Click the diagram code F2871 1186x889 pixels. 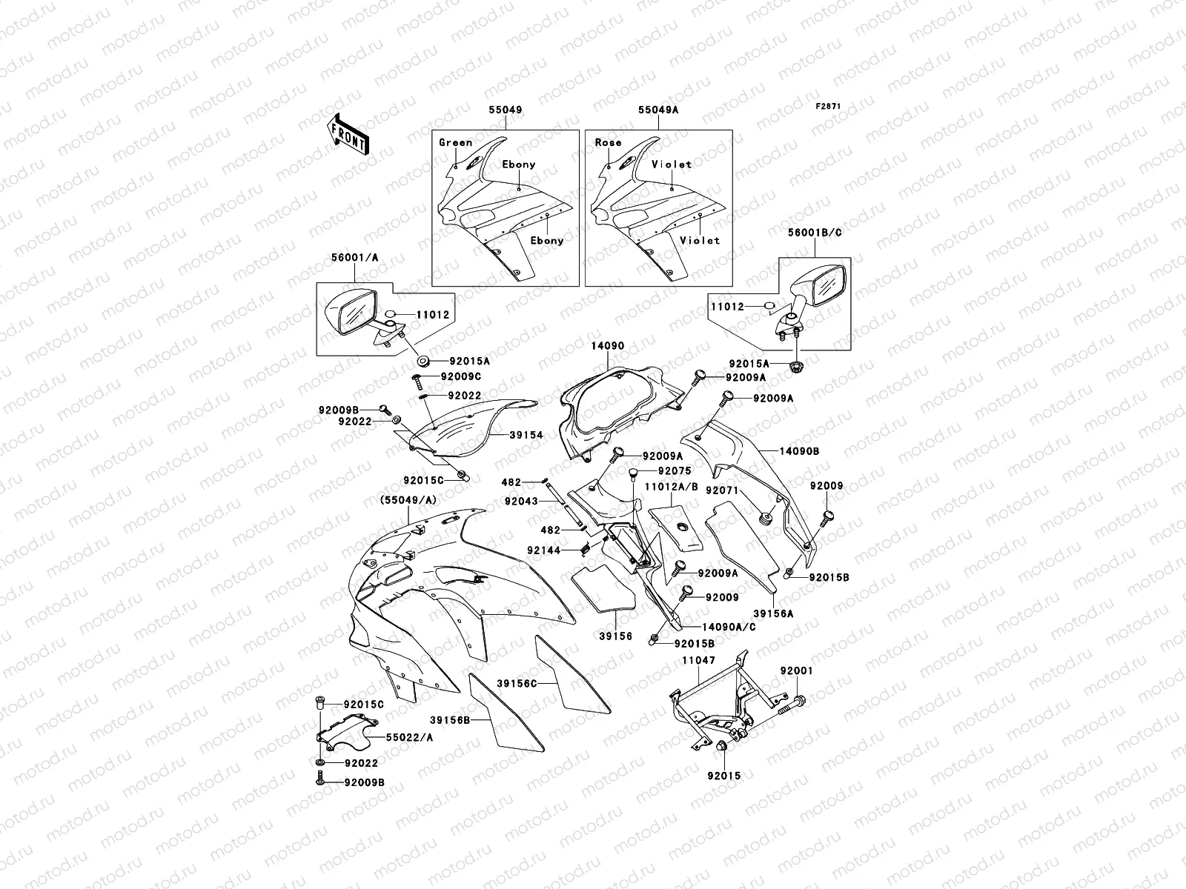[x=828, y=107]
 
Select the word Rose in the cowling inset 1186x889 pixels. [x=608, y=142]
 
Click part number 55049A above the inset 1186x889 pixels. [x=658, y=110]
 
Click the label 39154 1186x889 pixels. [x=526, y=436]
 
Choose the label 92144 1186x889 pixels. [x=563, y=550]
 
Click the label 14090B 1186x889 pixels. [x=799, y=450]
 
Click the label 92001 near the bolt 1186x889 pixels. [x=796, y=670]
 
